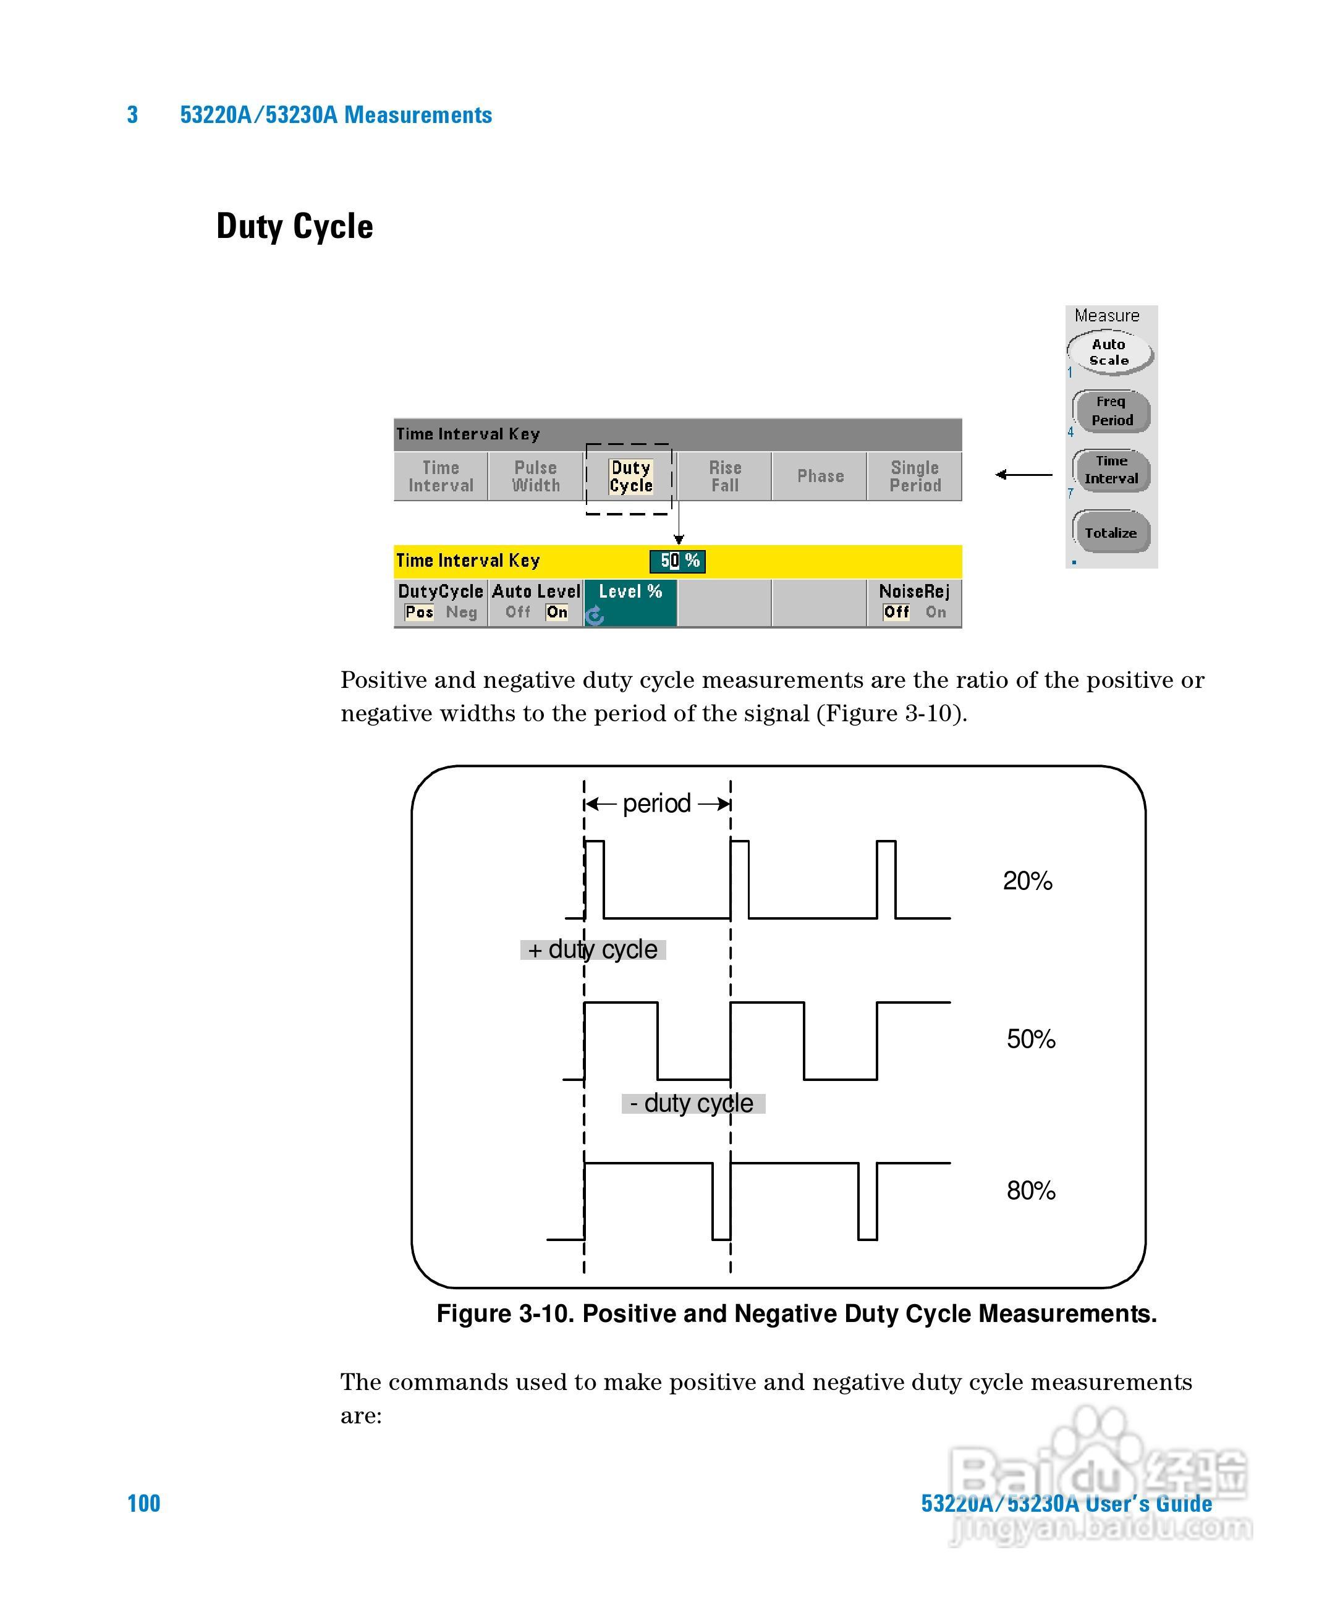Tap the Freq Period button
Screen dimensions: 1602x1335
point(1111,411)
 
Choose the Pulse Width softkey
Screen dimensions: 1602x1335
point(535,477)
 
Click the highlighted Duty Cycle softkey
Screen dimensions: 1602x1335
point(631,477)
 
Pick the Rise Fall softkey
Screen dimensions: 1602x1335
point(725,477)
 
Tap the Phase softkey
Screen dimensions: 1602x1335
point(820,477)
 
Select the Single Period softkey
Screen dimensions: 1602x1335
point(915,477)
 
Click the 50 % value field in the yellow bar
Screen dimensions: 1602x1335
point(678,561)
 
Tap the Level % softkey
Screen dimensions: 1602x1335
point(630,601)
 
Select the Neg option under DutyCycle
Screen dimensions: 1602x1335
point(462,612)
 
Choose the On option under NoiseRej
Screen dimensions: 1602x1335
point(935,612)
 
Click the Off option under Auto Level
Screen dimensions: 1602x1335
point(518,612)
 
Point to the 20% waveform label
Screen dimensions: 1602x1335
point(1028,881)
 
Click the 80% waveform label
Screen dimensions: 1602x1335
point(1031,1190)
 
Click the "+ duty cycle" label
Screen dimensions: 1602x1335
point(593,950)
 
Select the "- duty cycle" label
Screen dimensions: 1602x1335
point(693,1104)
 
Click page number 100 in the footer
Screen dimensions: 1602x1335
point(143,1504)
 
